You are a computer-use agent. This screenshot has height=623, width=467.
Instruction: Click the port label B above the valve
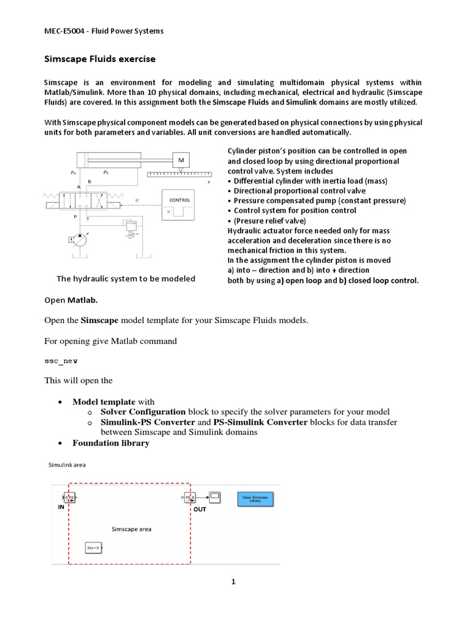(x=90, y=181)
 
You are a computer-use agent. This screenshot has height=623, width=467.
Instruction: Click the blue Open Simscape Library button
(x=255, y=499)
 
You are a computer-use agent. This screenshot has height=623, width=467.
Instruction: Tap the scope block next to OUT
(x=215, y=496)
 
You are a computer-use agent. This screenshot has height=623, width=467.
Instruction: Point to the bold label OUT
(x=199, y=509)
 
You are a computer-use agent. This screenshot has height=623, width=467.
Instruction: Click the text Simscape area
(x=131, y=529)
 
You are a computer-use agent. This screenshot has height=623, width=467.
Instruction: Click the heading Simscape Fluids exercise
(x=100, y=59)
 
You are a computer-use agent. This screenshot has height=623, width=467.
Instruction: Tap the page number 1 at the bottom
(x=233, y=582)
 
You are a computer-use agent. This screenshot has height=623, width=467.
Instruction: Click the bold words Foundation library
(x=111, y=443)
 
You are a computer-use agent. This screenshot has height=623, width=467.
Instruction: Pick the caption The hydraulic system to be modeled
(x=126, y=279)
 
